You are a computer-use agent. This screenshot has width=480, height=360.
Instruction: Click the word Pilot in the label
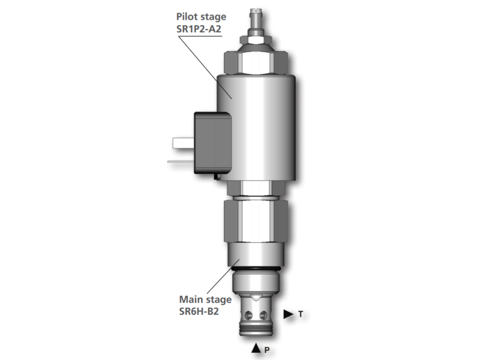[187, 17]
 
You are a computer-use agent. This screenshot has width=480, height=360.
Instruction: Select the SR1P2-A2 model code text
[199, 29]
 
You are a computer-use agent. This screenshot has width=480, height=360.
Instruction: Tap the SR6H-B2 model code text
[199, 311]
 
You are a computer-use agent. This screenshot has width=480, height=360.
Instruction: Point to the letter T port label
[301, 314]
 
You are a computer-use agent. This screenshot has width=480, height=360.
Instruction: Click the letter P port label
[267, 350]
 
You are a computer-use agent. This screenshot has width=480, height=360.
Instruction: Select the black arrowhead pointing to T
[289, 314]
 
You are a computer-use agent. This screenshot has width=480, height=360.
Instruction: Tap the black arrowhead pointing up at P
[256, 348]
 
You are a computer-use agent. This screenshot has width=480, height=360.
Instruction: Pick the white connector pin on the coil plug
[184, 143]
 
